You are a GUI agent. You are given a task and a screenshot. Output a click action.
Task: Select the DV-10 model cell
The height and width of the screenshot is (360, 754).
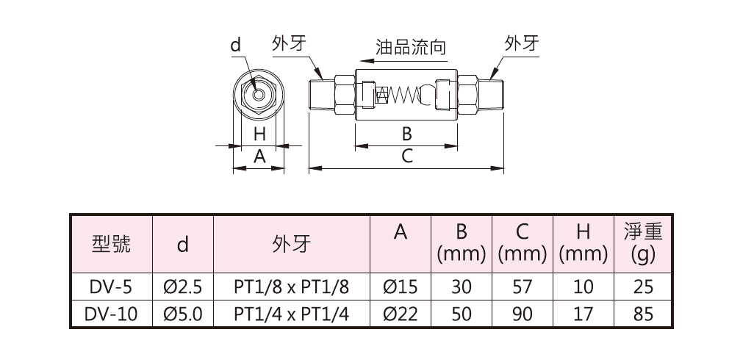click(x=111, y=314)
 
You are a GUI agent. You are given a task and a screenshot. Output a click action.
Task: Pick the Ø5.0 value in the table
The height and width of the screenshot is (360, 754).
click(x=182, y=314)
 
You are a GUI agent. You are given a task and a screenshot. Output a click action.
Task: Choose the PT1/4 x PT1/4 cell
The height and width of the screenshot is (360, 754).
click(x=291, y=314)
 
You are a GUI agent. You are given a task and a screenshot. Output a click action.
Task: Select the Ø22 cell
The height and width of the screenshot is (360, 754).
click(x=401, y=314)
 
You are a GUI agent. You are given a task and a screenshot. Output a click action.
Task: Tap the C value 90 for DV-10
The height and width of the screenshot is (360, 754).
click(x=523, y=314)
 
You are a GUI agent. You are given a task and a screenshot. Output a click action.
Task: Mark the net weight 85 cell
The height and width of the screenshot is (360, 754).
click(x=642, y=314)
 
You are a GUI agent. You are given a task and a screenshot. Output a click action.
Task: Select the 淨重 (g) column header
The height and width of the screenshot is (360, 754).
click(x=642, y=244)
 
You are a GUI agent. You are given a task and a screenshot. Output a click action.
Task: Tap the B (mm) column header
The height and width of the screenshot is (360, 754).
click(x=462, y=244)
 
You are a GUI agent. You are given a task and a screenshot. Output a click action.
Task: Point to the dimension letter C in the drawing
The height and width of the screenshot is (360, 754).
click(x=406, y=156)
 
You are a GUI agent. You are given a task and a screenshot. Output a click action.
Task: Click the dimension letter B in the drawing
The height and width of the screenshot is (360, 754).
click(x=406, y=134)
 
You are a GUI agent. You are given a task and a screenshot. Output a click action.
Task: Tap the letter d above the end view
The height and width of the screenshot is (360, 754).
click(x=235, y=46)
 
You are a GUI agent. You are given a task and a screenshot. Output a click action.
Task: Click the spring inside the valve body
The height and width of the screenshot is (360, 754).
click(x=403, y=95)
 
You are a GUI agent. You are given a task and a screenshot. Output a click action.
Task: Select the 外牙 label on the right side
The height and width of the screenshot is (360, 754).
click(x=522, y=43)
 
